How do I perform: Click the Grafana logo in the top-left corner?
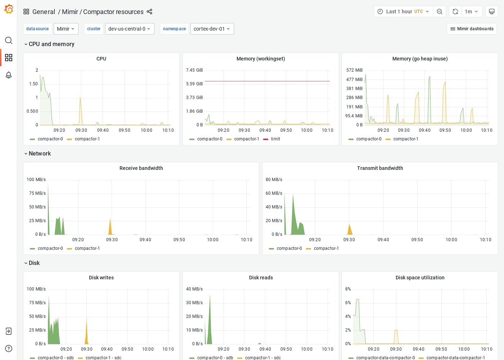(9, 9)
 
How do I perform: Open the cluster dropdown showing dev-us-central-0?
(130, 29)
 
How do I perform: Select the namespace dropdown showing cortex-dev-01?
(212, 29)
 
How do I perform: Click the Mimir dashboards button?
(472, 29)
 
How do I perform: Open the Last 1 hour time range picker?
(403, 12)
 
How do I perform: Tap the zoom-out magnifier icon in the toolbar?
(440, 12)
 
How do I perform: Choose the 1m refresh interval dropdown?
(471, 12)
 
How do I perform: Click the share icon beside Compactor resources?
(149, 12)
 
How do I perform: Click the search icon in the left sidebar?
(9, 40)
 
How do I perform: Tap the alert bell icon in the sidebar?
(9, 75)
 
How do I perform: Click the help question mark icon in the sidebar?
(9, 348)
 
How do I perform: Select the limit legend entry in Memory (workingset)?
(275, 139)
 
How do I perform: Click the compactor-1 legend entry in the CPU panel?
(87, 139)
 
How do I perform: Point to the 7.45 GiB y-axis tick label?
(194, 70)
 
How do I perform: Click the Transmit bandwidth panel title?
(380, 168)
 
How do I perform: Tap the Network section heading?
(40, 154)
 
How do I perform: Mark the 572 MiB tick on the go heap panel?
(354, 70)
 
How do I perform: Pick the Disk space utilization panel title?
(420, 278)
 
